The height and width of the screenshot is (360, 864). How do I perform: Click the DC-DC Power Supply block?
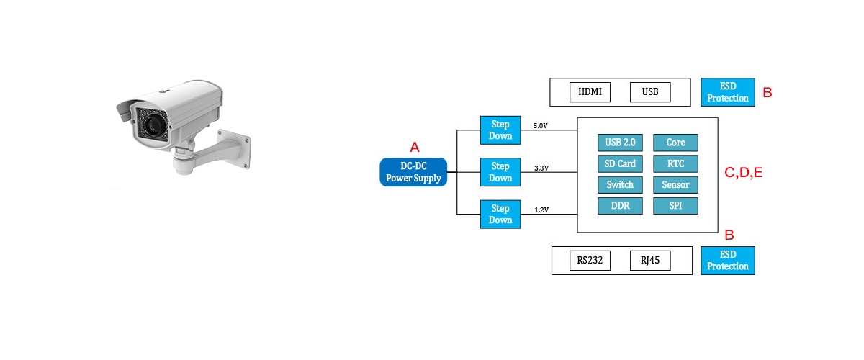[x=413, y=172]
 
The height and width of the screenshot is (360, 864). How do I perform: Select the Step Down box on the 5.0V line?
[x=500, y=130]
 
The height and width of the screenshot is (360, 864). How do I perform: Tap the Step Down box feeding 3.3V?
[x=500, y=172]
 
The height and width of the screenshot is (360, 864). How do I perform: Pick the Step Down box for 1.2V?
[x=500, y=214]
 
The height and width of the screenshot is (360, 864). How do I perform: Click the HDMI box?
[x=590, y=92]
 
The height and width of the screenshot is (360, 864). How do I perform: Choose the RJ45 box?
[x=650, y=261]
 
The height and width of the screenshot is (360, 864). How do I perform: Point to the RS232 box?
[x=590, y=261]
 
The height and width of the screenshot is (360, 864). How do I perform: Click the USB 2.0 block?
[x=620, y=143]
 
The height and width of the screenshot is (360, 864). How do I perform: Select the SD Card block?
[x=620, y=163]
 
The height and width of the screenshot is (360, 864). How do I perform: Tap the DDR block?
[x=620, y=206]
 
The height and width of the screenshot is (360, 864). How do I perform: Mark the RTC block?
[x=675, y=163]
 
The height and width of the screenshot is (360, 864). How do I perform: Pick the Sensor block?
[x=675, y=185]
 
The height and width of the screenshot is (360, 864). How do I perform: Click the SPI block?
[x=675, y=206]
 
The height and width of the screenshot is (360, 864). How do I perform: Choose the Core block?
[x=675, y=143]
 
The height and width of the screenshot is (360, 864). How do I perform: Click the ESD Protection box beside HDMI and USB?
[x=728, y=92]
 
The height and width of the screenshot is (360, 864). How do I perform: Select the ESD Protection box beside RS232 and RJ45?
[x=728, y=261]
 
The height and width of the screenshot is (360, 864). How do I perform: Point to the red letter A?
[x=415, y=148]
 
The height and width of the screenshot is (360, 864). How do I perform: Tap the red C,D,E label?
[x=743, y=173]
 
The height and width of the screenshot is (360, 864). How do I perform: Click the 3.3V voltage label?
[x=541, y=168]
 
